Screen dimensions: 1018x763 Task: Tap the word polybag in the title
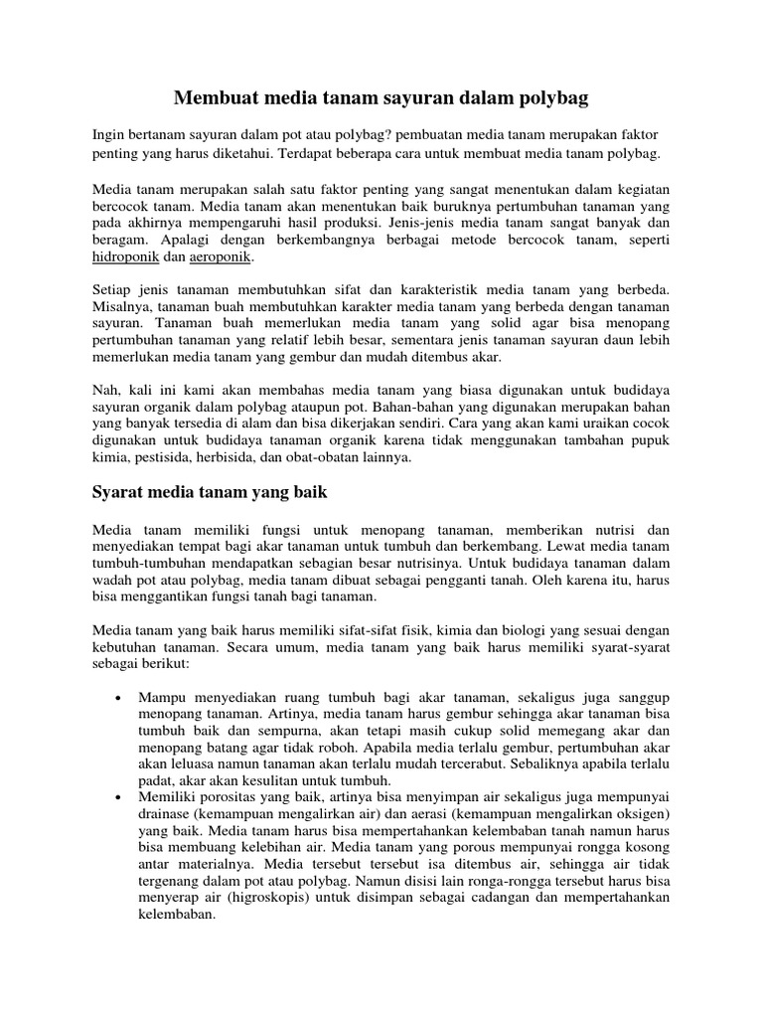coord(548,98)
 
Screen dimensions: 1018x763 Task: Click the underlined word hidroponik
coord(124,256)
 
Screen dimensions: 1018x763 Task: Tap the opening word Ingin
coord(109,133)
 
